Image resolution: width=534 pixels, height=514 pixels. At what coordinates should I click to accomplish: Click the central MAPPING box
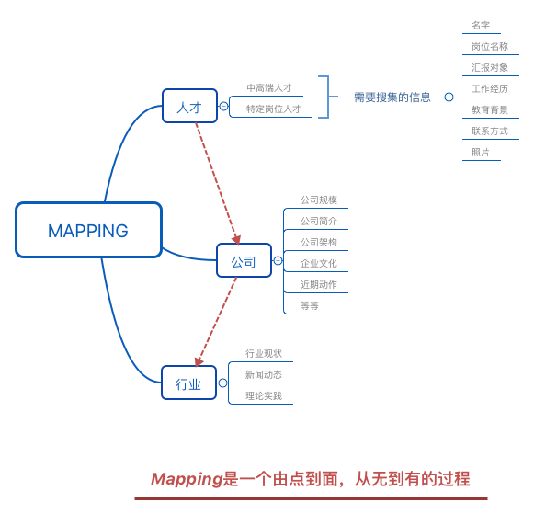pos(88,230)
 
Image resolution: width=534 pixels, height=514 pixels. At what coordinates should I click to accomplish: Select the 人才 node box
pos(189,106)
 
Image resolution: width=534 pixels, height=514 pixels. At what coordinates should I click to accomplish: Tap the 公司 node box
pos(244,260)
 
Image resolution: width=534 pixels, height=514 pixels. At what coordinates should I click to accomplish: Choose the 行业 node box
pos(188,383)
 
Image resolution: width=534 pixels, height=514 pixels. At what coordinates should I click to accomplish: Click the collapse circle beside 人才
pos(223,107)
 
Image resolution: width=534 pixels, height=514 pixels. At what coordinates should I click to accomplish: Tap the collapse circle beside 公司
pos(278,260)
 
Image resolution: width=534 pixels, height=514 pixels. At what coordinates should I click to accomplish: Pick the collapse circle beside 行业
pos(222,383)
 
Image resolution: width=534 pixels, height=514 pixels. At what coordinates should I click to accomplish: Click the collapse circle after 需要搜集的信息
pos(449,97)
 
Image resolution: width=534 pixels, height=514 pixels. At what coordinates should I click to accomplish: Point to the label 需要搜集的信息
pos(392,97)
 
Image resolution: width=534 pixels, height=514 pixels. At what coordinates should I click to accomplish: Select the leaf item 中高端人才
pos(269,88)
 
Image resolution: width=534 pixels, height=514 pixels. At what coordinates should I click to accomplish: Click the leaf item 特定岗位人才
pos(274,109)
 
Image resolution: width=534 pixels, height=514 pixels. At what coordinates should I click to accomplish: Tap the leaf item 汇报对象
pos(490,67)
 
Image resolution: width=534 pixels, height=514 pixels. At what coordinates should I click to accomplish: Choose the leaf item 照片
pos(481,152)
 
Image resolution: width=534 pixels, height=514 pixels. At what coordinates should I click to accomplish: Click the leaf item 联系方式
pos(490,131)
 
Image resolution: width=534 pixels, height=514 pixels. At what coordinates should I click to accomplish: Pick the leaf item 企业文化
pos(319,263)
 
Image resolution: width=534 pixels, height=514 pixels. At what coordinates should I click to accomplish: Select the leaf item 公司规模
pos(319,200)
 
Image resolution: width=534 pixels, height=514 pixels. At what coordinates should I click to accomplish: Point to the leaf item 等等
pos(310,305)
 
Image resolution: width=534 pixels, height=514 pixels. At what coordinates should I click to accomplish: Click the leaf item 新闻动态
pos(264,374)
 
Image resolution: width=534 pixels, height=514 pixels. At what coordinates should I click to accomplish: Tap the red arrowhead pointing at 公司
pos(236,240)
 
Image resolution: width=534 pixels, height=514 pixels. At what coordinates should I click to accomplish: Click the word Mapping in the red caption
pos(187,480)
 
